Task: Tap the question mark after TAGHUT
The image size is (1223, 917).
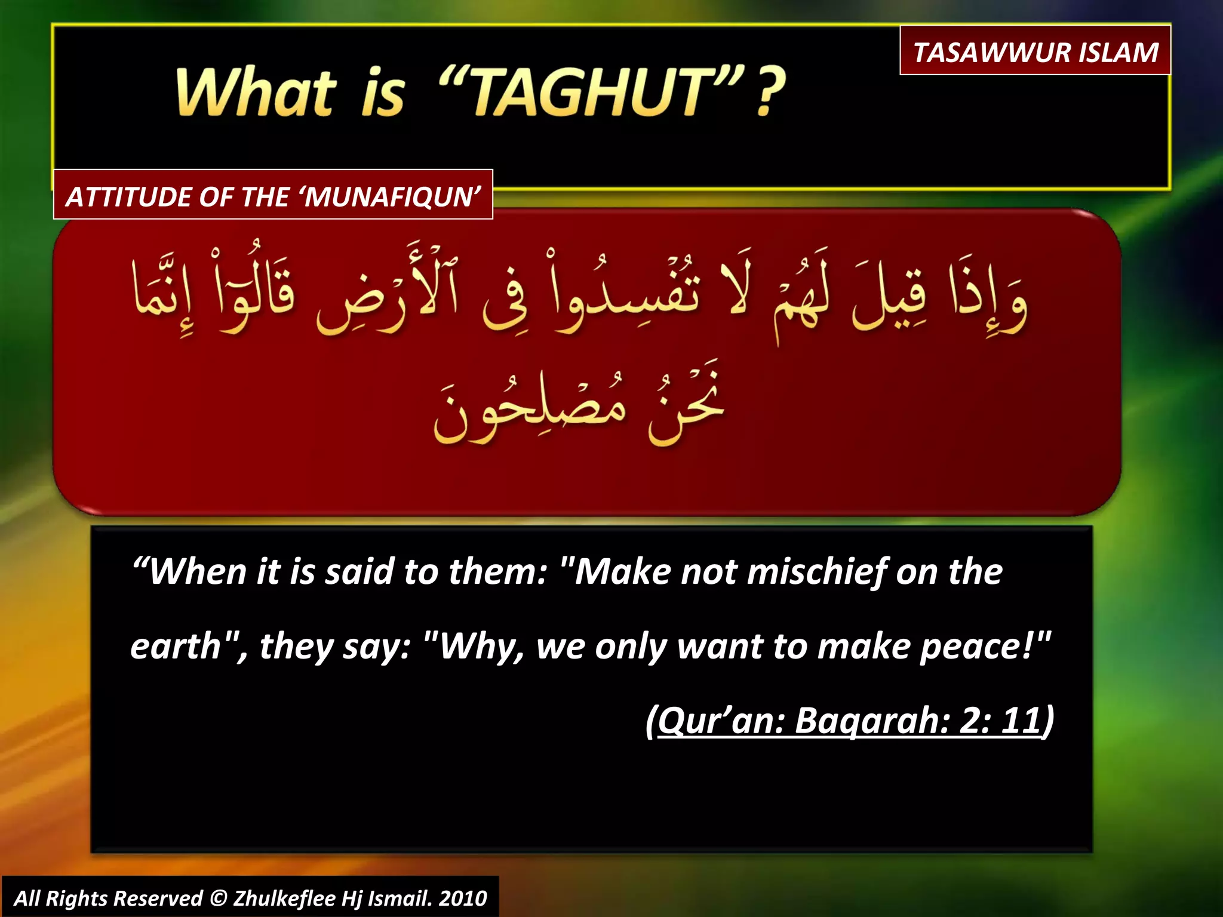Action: [x=770, y=93]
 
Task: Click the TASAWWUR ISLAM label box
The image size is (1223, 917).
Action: [x=1035, y=51]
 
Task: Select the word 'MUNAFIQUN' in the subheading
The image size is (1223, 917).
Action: [x=392, y=197]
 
